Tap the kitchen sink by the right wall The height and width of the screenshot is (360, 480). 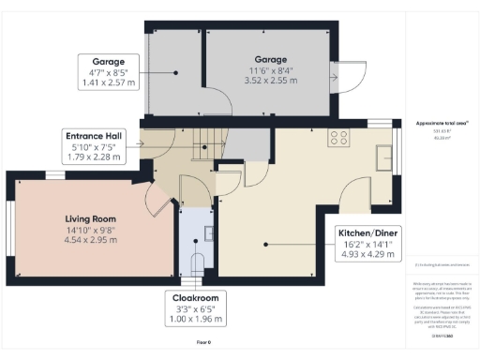point(384,155)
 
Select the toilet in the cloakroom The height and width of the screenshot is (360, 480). point(196,262)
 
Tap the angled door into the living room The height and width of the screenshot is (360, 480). point(158,198)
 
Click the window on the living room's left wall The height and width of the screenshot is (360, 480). point(11,226)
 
